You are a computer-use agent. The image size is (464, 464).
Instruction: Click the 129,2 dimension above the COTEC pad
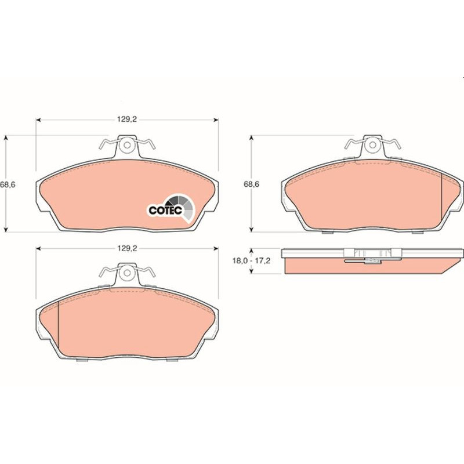127,119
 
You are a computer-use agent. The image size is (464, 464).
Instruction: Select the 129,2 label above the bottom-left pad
127,248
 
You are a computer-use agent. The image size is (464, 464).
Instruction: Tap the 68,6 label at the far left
8,184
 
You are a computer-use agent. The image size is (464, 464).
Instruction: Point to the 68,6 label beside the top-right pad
251,184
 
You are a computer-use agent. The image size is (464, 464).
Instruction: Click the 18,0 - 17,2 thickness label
251,261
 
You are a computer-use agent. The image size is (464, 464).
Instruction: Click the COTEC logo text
165,211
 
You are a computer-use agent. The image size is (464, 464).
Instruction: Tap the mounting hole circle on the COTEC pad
127,145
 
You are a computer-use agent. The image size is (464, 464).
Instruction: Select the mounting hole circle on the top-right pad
372,144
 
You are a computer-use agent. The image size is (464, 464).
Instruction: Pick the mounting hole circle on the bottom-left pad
127,273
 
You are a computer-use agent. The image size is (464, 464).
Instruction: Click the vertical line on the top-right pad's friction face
441,197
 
